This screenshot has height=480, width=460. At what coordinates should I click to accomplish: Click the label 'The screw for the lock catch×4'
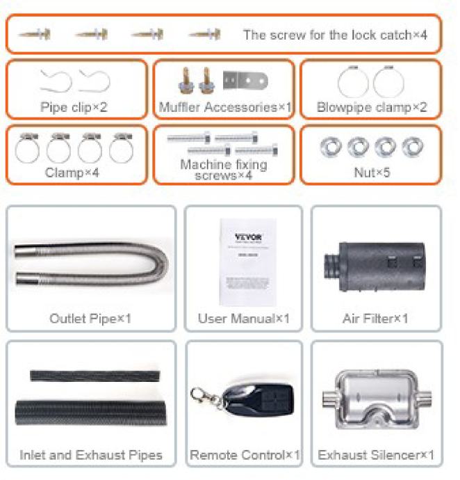[335, 35]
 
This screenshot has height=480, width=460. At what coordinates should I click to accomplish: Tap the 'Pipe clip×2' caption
[74, 108]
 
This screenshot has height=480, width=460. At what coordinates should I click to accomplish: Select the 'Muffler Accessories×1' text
[225, 108]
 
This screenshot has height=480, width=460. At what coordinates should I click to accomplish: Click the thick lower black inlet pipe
[90, 412]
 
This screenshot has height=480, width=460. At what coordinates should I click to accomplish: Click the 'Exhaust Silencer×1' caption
[376, 456]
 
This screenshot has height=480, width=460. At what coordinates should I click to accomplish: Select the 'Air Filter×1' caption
[376, 319]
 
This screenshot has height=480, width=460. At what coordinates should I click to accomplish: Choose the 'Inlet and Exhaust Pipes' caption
[91, 456]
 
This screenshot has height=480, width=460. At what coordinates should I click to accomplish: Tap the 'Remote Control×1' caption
[245, 456]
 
